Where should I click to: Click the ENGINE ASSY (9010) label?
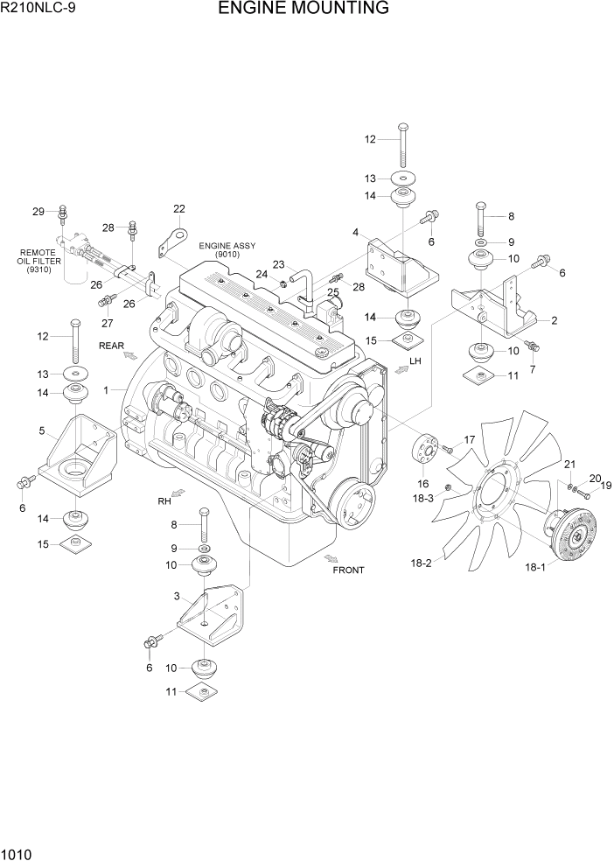pos(227,250)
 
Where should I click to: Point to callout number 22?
pos(179,209)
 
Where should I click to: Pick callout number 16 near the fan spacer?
pos(422,484)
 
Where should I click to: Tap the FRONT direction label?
pos(348,570)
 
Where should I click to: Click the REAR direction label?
pos(112,346)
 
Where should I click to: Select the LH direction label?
pos(416,360)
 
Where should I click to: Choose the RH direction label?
pos(164,502)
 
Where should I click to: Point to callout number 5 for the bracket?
pos(42,430)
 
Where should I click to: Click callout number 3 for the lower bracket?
pos(177,597)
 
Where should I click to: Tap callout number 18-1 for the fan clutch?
pos(534,567)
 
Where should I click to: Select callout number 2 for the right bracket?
pos(554,320)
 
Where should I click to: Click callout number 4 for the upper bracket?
pos(356,233)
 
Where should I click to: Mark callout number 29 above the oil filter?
pos(38,212)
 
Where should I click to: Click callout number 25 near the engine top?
pos(333,291)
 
